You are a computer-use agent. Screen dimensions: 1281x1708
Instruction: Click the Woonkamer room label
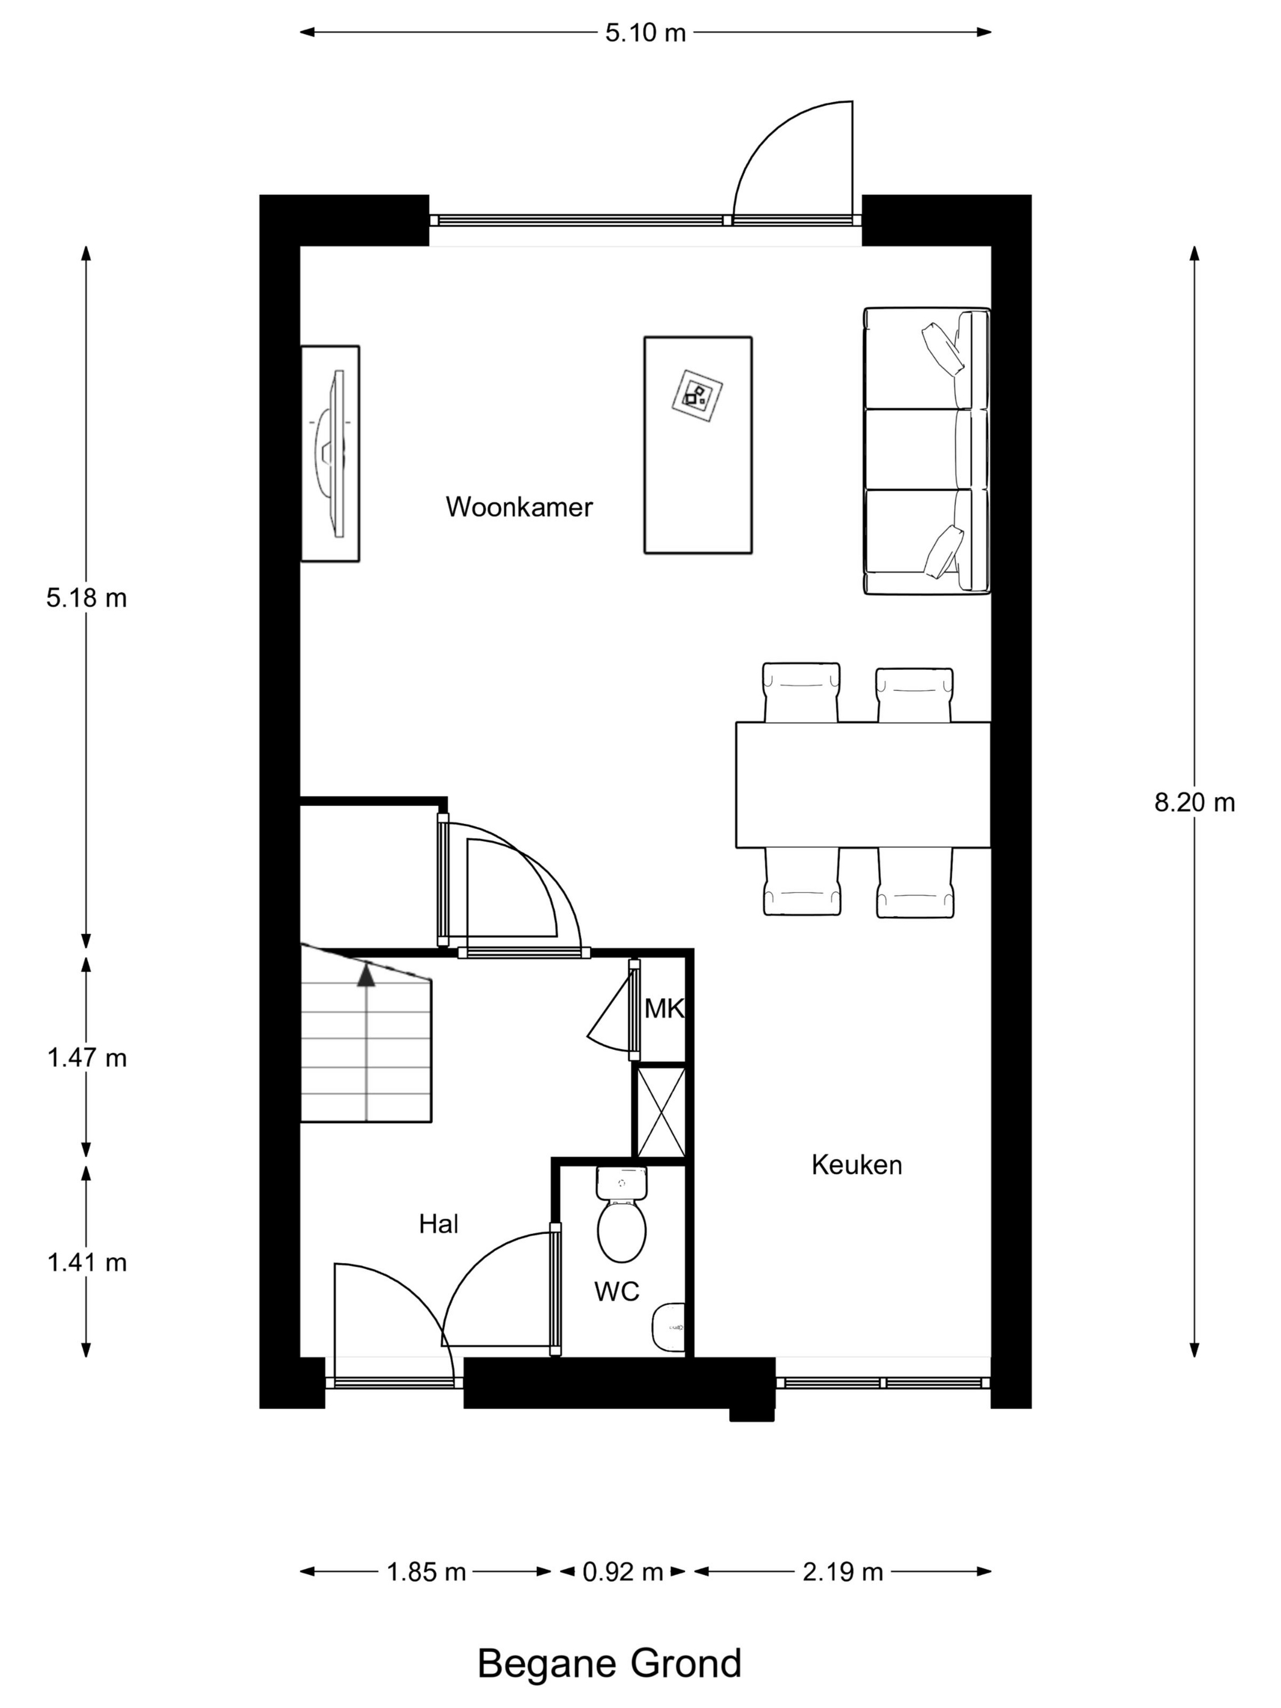click(x=519, y=508)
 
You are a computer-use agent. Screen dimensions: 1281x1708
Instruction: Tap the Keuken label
click(x=856, y=1164)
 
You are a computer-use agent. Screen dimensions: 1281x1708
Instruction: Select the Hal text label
click(x=439, y=1224)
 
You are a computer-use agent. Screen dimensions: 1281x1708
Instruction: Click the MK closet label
click(x=664, y=1008)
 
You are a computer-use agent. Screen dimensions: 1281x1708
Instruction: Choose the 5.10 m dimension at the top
click(x=645, y=33)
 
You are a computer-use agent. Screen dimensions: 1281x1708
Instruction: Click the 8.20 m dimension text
click(x=1194, y=803)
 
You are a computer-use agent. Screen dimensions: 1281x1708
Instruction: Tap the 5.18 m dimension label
click(x=87, y=598)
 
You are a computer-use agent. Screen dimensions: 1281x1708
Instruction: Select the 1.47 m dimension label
click(x=87, y=1058)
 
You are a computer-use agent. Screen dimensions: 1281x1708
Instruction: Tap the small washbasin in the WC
click(x=668, y=1327)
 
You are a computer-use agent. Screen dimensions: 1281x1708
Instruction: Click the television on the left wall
click(x=331, y=453)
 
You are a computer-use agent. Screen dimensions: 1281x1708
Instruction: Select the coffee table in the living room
click(x=698, y=445)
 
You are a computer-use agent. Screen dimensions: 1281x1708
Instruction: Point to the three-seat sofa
click(x=927, y=451)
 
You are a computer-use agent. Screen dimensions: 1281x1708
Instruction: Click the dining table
click(x=863, y=784)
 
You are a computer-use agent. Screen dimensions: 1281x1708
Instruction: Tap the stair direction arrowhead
click(x=366, y=975)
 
